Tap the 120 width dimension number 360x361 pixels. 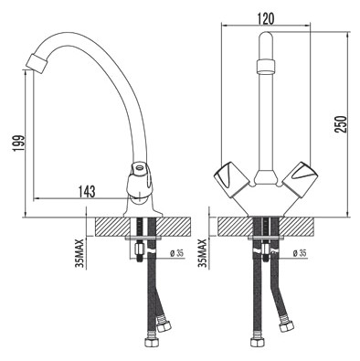pyautogui.click(x=265, y=16)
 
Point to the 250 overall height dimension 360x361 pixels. pyautogui.click(x=341, y=124)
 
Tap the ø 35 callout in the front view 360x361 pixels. pyautogui.click(x=296, y=252)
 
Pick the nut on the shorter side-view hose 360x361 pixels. pyautogui.click(x=165, y=325)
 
